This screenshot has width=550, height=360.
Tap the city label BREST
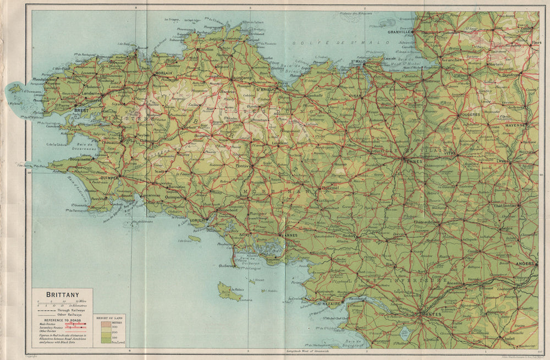(x=81, y=110)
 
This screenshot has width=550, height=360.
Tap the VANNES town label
(x=288, y=235)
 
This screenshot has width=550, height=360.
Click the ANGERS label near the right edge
(x=525, y=264)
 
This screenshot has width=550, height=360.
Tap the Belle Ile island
(x=228, y=292)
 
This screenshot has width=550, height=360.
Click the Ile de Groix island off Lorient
(x=194, y=239)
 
